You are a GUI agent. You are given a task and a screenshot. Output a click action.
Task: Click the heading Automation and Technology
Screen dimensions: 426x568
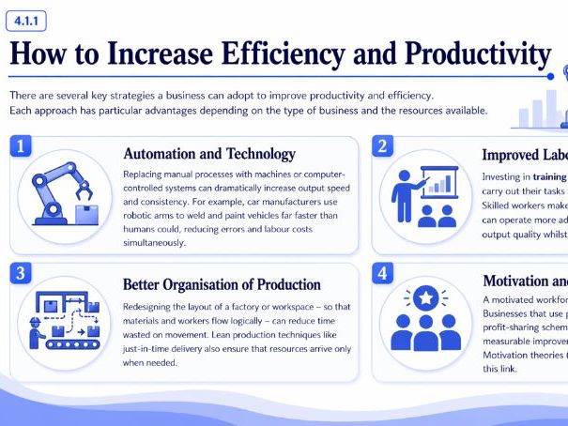(x=209, y=154)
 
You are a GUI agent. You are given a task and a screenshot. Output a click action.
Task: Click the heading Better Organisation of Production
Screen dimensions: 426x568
(x=222, y=282)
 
